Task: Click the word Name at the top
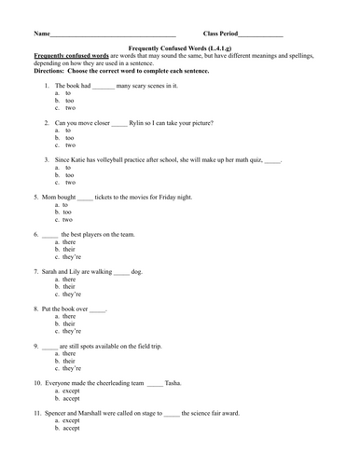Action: (x=42, y=34)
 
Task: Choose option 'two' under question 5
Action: (x=66, y=219)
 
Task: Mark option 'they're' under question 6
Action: (x=71, y=256)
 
